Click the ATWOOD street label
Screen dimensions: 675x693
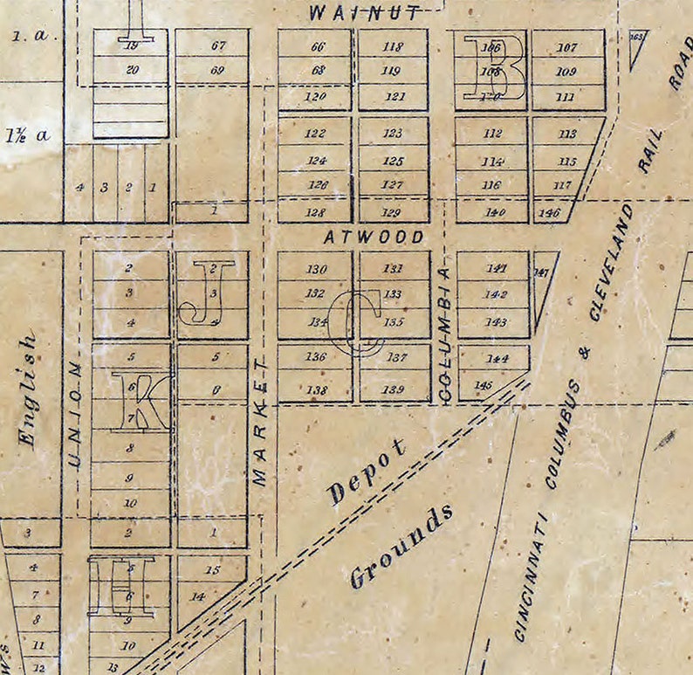point(374,237)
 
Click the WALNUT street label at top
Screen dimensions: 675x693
point(364,11)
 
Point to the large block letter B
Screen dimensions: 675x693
point(494,68)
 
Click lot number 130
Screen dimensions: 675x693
point(316,269)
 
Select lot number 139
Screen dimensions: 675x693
point(395,389)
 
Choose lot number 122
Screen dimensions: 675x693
point(316,134)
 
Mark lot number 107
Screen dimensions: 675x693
point(567,47)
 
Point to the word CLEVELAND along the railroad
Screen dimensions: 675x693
point(610,262)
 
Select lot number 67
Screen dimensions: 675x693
point(218,46)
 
